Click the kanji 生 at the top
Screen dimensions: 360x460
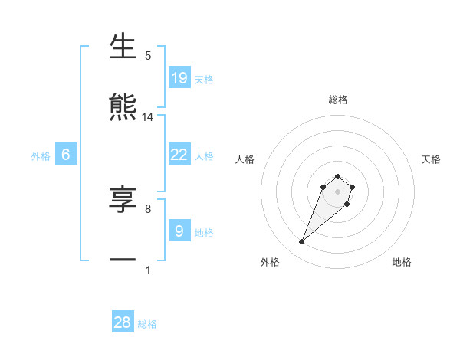[x=123, y=47]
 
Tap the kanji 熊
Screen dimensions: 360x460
[x=123, y=108]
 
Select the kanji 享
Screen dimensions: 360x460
[x=123, y=200]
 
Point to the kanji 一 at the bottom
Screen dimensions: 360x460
[x=123, y=260]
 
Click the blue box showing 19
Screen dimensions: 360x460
[x=179, y=77]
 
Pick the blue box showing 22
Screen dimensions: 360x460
[x=179, y=155]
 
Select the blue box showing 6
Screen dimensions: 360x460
[x=66, y=155]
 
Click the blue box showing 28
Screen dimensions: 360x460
[x=123, y=322]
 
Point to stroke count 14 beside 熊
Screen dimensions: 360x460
[x=148, y=117]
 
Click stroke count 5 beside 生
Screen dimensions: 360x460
[x=148, y=56]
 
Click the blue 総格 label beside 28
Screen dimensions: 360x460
[x=147, y=324]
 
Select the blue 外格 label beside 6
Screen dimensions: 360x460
[x=41, y=156]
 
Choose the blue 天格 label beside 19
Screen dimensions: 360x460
[x=204, y=79]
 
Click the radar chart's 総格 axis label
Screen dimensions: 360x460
[x=337, y=100]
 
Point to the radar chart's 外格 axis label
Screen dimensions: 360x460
[x=270, y=262]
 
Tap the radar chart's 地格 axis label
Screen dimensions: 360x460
[x=402, y=262]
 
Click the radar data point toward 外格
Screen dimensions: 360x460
[x=302, y=242]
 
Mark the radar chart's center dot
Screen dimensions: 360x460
[x=337, y=191]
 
